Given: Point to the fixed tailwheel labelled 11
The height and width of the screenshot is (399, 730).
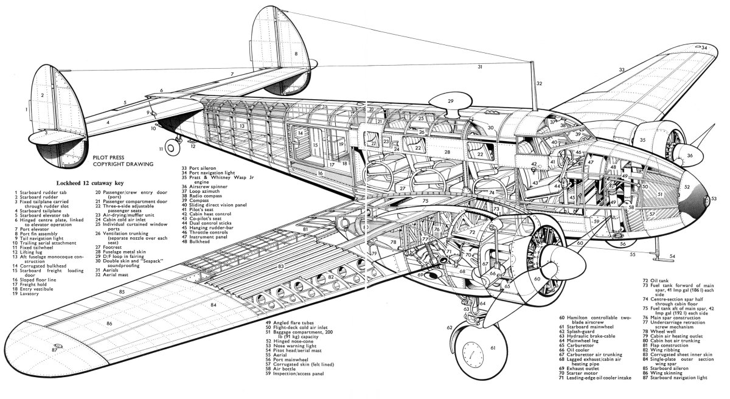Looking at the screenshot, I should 178,144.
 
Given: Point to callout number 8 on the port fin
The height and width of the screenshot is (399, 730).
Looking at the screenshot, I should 296,54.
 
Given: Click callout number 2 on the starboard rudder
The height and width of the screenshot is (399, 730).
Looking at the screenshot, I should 43,95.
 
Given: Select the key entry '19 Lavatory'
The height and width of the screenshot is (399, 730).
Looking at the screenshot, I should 31,293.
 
